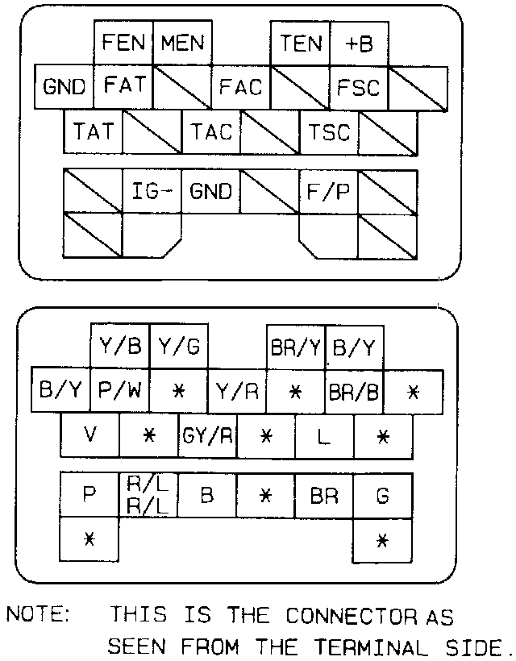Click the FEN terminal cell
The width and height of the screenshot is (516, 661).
124,43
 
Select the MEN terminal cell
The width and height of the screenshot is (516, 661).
183,43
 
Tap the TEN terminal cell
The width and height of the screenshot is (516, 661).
301,43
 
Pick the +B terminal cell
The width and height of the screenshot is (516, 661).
359,43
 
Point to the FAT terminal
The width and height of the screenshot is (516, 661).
124,85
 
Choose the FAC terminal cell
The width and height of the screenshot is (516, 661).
241,87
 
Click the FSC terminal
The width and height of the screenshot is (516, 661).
359,87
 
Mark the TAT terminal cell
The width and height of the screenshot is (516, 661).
94,131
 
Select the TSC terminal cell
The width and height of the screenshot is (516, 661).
329,131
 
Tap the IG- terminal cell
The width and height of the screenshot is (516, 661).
152,192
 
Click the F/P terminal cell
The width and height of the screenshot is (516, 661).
329,192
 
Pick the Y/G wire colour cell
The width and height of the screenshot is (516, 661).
179,348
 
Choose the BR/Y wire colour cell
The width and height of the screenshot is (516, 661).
296,348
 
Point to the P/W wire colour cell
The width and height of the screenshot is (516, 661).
120,392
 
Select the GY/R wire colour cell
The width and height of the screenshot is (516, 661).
208,436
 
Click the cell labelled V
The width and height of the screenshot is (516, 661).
90,436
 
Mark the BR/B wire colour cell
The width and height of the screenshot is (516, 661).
355,392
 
